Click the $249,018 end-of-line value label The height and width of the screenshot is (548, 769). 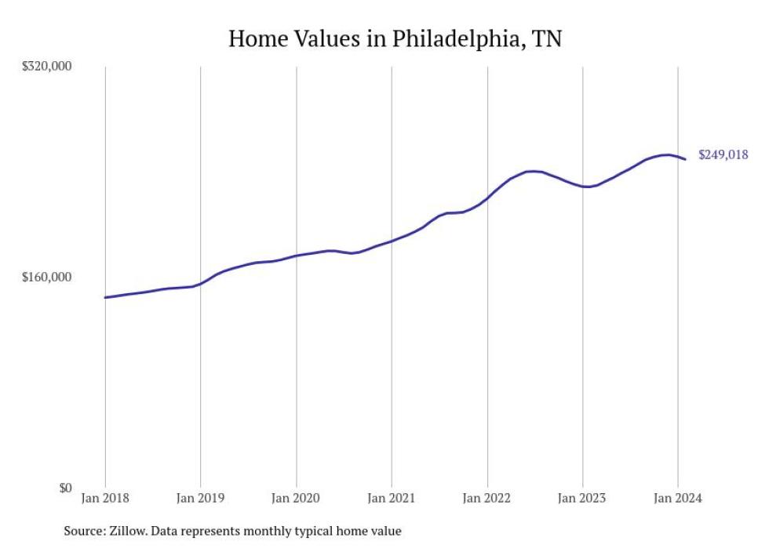click(x=723, y=155)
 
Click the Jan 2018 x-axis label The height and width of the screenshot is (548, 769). click(x=105, y=498)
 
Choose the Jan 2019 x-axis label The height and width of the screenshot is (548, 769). click(x=200, y=498)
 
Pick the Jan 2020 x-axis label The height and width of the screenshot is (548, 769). click(x=296, y=498)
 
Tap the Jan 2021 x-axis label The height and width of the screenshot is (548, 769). click(x=392, y=498)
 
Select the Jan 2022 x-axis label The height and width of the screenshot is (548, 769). click(x=487, y=498)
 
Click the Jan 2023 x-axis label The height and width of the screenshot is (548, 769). click(x=582, y=498)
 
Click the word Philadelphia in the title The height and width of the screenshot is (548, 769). click(x=441, y=38)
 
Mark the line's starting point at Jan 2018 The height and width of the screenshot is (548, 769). click(x=105, y=297)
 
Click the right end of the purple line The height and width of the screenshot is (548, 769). click(x=685, y=159)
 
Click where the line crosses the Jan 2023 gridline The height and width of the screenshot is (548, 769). click(x=582, y=187)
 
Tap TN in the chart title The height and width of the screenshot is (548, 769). click(x=547, y=38)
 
